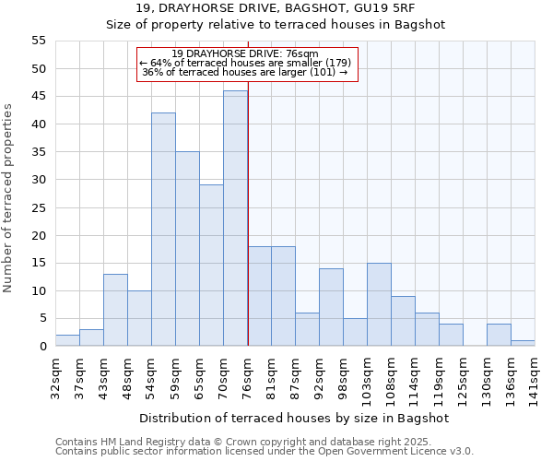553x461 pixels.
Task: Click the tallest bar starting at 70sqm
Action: tap(235, 219)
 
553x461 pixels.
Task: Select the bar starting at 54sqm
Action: tap(163, 230)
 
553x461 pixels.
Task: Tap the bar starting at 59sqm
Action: tap(187, 249)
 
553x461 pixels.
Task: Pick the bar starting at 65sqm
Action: tap(211, 266)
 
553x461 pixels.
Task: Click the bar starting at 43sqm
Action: tap(115, 310)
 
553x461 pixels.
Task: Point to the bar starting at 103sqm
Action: tap(379, 304)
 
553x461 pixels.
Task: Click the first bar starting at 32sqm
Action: tap(67, 340)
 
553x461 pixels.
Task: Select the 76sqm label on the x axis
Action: tap(248, 375)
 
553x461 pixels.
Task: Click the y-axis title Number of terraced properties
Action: tap(8, 197)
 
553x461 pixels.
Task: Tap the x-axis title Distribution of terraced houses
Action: tap(293, 418)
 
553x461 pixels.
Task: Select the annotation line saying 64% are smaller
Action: tap(245, 63)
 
